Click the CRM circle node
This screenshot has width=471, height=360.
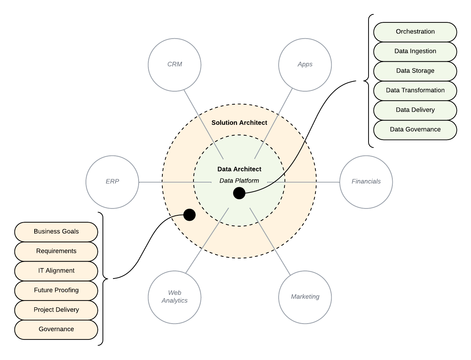coord(175,65)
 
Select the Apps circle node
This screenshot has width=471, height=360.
coord(305,65)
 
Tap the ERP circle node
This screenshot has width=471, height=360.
coord(112,182)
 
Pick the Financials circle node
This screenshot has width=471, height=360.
coord(366,182)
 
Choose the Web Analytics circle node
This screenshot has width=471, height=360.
coord(175,297)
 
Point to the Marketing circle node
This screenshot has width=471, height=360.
coord(305,297)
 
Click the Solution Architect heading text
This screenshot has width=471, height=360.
coord(239,123)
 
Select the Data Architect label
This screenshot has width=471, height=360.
coord(239,169)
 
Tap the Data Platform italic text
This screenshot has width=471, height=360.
coord(239,181)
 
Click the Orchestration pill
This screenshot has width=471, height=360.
coord(415,32)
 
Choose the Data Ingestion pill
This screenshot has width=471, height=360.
coord(415,51)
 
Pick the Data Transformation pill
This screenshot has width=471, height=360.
coord(415,91)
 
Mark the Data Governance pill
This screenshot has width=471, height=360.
coord(415,129)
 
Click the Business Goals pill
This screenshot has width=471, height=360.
coord(56,232)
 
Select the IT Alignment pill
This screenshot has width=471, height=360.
coord(56,271)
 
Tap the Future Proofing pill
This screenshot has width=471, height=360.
coord(56,290)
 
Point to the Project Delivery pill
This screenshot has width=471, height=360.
coord(56,309)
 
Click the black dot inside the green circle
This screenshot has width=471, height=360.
coord(239,193)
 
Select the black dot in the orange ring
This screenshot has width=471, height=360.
coord(189,215)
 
